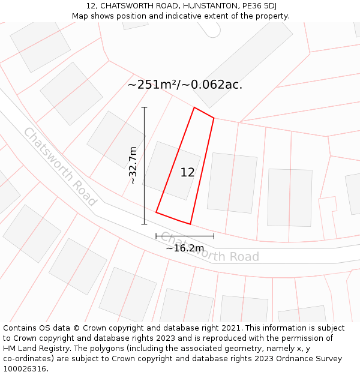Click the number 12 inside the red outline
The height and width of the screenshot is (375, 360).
187,172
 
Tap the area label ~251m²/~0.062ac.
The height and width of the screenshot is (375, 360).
185,85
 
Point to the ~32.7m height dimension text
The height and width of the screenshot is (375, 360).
133,165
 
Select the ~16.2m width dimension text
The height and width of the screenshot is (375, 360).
185,248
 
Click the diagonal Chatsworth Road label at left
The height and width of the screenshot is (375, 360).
60,167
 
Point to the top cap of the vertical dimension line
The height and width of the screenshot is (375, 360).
144,107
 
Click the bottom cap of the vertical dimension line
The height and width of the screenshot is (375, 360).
144,224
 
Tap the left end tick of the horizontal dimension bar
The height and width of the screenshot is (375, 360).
156,236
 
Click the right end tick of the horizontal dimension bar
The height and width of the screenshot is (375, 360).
214,236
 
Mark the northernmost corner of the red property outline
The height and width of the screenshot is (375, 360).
194,107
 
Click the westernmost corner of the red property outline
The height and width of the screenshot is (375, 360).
156,212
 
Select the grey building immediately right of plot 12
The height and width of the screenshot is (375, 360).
232,182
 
